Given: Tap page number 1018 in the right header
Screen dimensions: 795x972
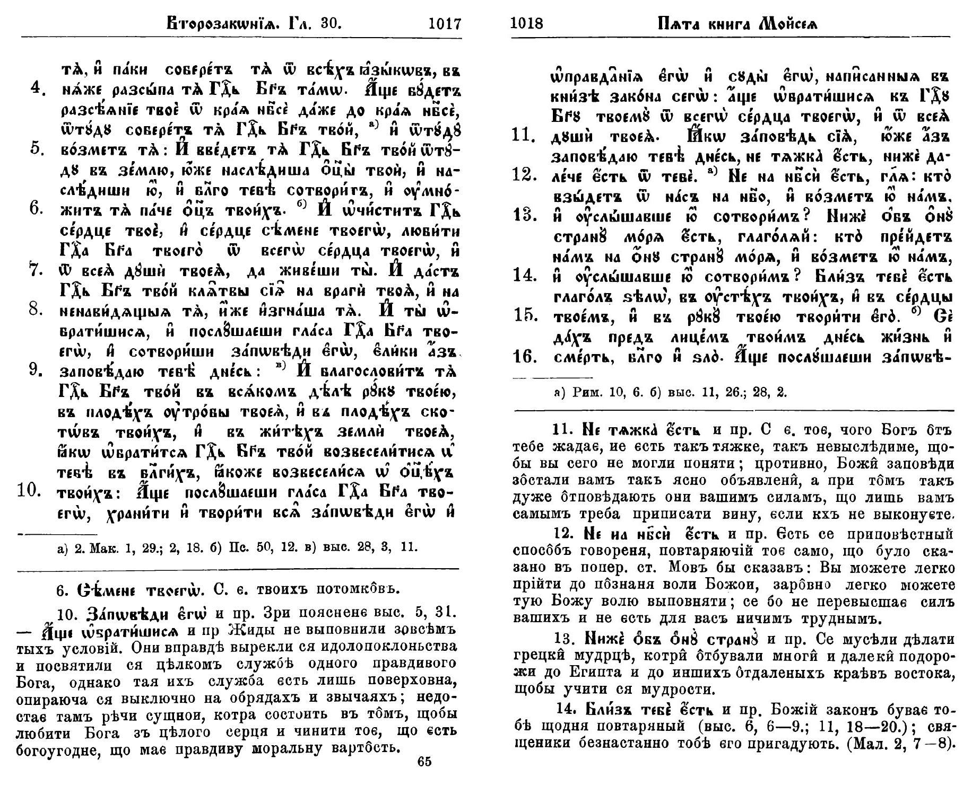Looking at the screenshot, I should [x=526, y=24].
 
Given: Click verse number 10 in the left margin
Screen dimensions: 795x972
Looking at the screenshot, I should [x=30, y=491].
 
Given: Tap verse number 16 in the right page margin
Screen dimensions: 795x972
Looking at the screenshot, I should [x=525, y=356].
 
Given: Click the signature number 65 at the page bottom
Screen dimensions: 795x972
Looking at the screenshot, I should [x=424, y=762].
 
